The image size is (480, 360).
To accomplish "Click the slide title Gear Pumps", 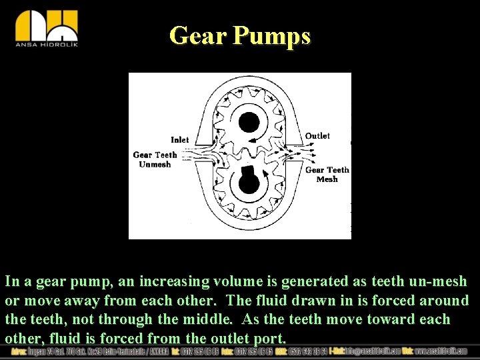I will click(x=240, y=35).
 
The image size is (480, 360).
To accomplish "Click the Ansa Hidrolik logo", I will click(x=47, y=28).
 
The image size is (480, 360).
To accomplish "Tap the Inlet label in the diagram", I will click(x=180, y=140).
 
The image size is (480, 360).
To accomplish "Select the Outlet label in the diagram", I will click(x=317, y=136).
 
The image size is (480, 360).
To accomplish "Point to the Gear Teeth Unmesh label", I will click(x=155, y=159).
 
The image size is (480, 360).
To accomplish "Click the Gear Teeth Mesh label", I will click(x=327, y=175).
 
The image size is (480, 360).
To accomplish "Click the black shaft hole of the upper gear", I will click(x=249, y=122).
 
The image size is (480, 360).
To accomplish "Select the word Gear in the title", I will click(x=197, y=35).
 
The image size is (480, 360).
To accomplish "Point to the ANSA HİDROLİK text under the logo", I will click(x=47, y=46).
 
